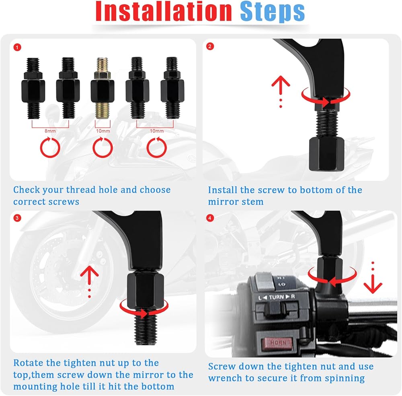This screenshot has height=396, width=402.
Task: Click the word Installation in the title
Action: [x=164, y=12]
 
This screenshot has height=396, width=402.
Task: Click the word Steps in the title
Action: [x=273, y=12]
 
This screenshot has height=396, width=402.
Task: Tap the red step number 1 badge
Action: [x=17, y=47]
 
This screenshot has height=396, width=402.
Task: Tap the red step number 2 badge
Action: [x=210, y=46]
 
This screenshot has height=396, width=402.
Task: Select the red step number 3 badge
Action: [x=17, y=218]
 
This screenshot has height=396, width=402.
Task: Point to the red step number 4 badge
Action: [x=210, y=218]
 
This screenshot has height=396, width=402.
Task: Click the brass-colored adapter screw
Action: [x=103, y=88]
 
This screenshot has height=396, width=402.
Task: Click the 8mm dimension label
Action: [x=50, y=131]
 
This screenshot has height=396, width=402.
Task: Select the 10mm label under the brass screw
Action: [x=103, y=131]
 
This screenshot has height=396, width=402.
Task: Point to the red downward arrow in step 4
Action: [x=373, y=278]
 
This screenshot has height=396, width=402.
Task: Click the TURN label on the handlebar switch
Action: [x=277, y=297]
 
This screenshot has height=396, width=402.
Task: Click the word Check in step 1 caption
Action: [x=27, y=190]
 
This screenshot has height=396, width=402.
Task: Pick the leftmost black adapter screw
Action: [x=33, y=88]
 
